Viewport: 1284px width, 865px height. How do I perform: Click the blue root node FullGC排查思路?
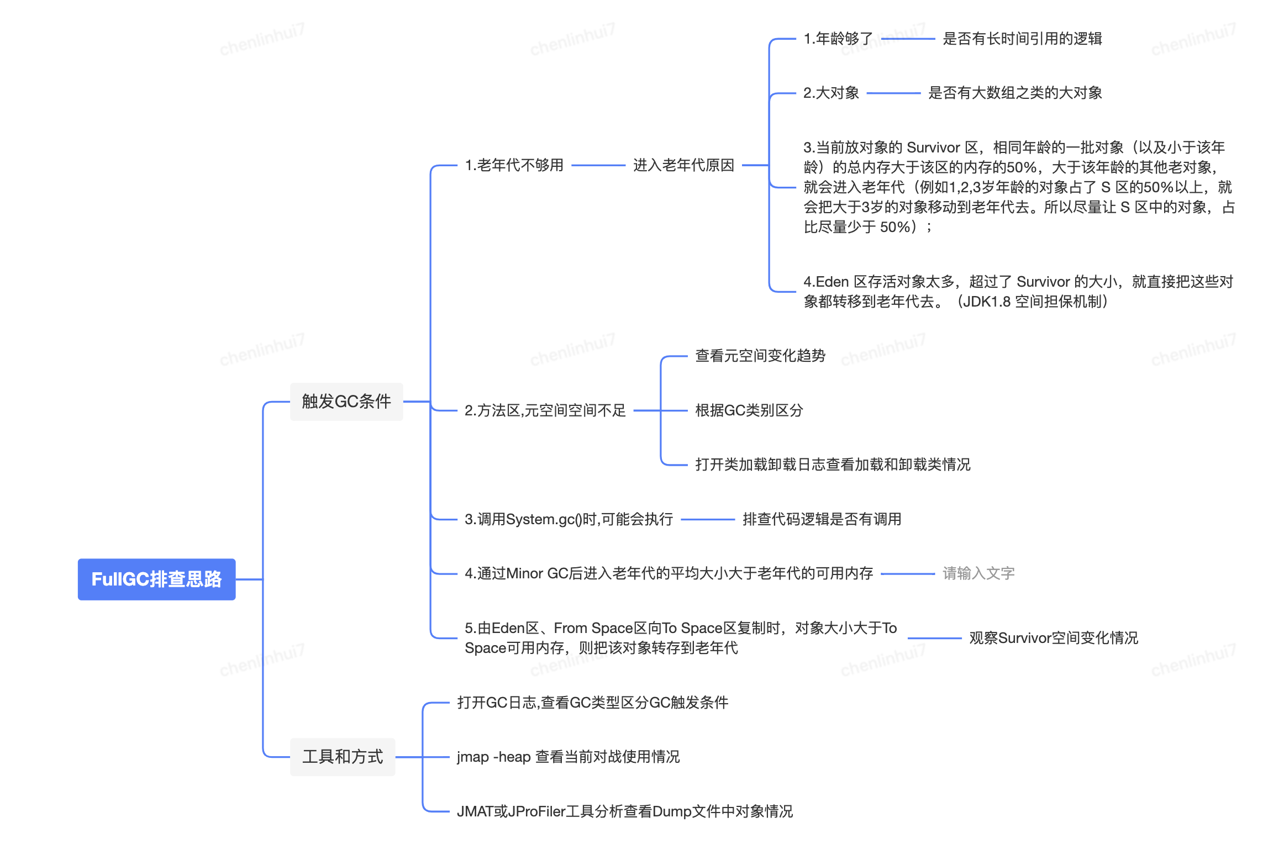point(156,579)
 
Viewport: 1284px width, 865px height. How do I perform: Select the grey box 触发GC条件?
point(346,401)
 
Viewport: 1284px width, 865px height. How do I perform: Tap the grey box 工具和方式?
point(343,756)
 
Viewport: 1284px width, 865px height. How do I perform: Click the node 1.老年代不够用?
point(514,165)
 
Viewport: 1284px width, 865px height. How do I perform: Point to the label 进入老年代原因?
point(683,165)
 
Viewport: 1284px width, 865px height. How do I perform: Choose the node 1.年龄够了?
point(838,39)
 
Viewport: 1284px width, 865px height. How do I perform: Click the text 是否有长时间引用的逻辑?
point(1022,39)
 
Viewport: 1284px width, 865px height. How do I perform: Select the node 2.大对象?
point(831,93)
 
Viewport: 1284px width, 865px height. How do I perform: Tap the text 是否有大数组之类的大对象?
point(1014,93)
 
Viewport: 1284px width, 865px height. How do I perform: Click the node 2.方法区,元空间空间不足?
point(545,410)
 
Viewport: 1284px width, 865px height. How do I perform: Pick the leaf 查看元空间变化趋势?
point(760,356)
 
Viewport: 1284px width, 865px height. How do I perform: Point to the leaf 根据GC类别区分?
point(749,410)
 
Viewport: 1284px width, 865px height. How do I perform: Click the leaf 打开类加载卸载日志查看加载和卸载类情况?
point(832,465)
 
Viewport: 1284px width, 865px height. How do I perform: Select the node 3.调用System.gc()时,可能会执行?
point(569,519)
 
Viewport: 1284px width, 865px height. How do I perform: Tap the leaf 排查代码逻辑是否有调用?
point(822,519)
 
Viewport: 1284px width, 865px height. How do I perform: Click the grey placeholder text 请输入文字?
point(978,573)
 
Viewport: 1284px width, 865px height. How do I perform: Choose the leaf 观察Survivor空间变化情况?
point(1053,638)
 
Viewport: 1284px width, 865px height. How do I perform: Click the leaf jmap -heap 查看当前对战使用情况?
point(568,757)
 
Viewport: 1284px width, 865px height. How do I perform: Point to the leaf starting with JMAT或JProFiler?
point(624,811)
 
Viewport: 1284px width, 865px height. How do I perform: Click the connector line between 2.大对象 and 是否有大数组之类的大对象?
point(893,93)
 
